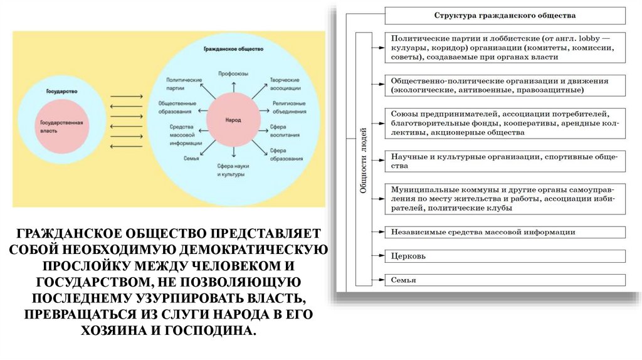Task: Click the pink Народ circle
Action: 233,120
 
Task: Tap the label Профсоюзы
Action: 233,73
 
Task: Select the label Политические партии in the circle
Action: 184,84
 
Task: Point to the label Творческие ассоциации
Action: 285,84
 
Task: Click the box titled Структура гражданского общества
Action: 505,15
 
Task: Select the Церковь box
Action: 505,256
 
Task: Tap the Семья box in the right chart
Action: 505,280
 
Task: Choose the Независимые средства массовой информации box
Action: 505,232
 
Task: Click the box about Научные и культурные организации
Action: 505,161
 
